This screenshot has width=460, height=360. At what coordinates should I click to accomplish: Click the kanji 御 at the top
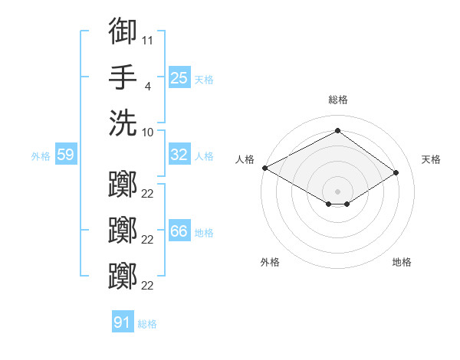tap(123, 31)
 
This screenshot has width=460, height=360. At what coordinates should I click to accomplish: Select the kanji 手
tap(123, 77)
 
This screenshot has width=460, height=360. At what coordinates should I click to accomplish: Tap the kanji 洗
tap(123, 123)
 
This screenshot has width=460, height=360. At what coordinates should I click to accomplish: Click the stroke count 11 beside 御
tap(147, 41)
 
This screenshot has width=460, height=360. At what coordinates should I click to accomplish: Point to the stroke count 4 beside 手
tap(148, 87)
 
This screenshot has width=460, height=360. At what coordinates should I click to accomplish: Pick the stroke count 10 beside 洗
tap(147, 133)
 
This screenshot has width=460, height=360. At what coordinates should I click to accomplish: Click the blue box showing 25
tap(179, 77)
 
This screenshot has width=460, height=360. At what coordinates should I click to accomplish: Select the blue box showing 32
tap(179, 154)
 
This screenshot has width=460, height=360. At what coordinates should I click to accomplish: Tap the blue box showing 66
tap(179, 230)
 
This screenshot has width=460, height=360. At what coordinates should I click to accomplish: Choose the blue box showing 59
tap(66, 154)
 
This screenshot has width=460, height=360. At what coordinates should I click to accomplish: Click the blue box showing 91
tap(123, 321)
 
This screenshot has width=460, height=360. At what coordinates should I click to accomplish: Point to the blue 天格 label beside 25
tap(204, 80)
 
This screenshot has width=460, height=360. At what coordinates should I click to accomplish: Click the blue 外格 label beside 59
tap(41, 156)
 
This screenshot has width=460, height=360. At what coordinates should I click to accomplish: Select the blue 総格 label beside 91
tap(147, 324)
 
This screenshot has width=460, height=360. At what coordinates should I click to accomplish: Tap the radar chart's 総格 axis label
tap(338, 100)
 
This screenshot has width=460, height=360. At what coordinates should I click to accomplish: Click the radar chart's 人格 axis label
tap(245, 159)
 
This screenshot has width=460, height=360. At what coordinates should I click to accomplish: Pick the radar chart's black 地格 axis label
tap(402, 262)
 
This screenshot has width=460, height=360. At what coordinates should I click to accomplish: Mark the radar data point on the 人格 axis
tap(265, 168)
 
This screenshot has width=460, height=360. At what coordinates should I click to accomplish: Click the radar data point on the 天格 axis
tap(396, 172)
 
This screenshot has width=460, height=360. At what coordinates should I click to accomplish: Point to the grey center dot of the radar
tap(337, 191)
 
